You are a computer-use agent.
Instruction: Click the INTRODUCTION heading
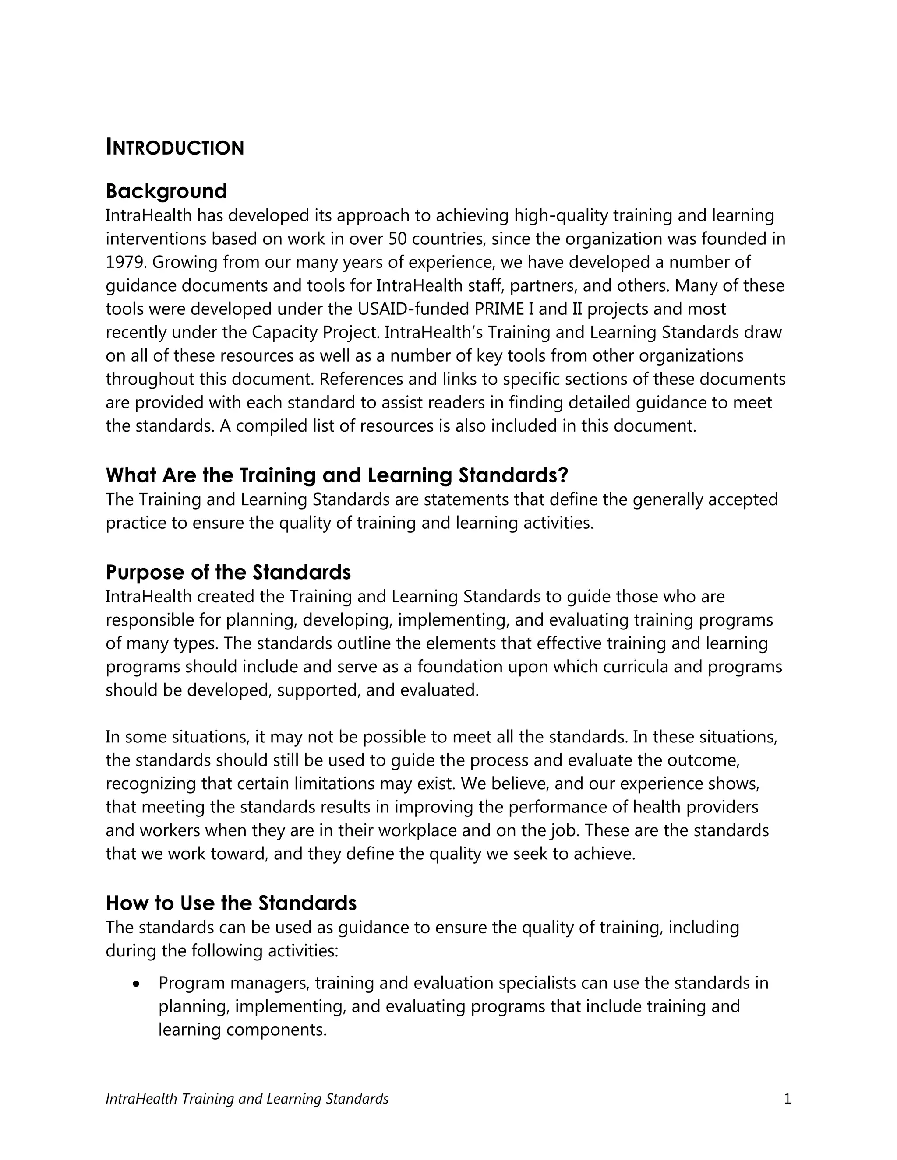(x=175, y=148)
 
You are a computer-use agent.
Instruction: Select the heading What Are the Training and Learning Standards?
(x=337, y=475)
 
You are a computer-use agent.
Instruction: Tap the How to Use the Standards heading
(x=231, y=903)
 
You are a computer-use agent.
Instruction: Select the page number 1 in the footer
(x=788, y=1099)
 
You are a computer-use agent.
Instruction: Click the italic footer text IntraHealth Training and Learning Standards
(x=247, y=1099)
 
